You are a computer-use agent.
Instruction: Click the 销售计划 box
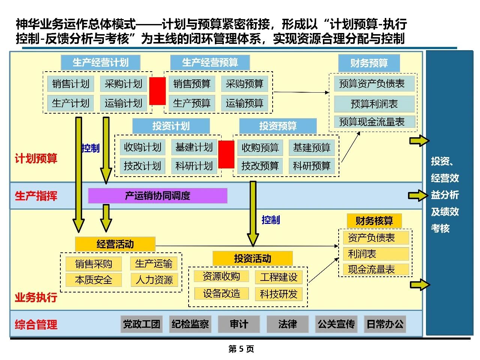pyautogui.click(x=71, y=84)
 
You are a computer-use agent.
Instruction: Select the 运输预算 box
pyautogui.click(x=244, y=103)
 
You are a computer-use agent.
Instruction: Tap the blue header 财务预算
pyautogui.click(x=369, y=63)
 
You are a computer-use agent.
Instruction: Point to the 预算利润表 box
pyautogui.click(x=374, y=104)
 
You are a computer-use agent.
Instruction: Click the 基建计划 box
pyautogui.click(x=194, y=147)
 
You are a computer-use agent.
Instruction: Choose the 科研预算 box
pyautogui.click(x=312, y=166)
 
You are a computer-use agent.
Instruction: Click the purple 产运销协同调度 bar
pyautogui.click(x=157, y=196)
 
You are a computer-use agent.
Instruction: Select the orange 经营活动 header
pyautogui.click(x=115, y=244)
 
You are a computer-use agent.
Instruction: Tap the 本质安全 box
pyautogui.click(x=93, y=280)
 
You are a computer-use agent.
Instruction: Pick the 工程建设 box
pyautogui.click(x=279, y=277)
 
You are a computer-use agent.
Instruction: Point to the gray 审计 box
pyautogui.click(x=239, y=324)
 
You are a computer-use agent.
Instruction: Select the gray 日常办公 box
pyautogui.click(x=385, y=324)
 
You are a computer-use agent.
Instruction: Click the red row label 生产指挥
pyautogui.click(x=36, y=196)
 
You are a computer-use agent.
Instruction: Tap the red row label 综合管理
pyautogui.click(x=36, y=324)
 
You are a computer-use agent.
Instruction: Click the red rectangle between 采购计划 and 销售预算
pyautogui.click(x=157, y=91)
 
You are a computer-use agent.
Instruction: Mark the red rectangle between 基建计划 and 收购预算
pyautogui.click(x=226, y=154)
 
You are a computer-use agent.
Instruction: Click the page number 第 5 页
pyautogui.click(x=241, y=349)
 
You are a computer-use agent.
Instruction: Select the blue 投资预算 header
pyautogui.click(x=278, y=126)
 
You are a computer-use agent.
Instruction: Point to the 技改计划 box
pyautogui.click(x=142, y=166)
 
